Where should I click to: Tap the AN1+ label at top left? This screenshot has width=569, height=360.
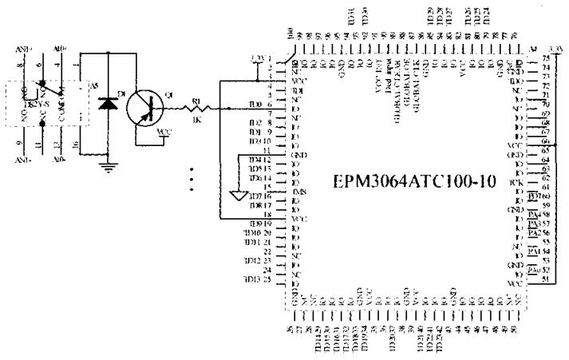click(24, 49)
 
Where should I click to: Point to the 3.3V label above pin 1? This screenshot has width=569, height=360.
click(256, 58)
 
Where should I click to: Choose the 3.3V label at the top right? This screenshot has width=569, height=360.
click(552, 49)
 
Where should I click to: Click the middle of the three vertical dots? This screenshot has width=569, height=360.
click(192, 180)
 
